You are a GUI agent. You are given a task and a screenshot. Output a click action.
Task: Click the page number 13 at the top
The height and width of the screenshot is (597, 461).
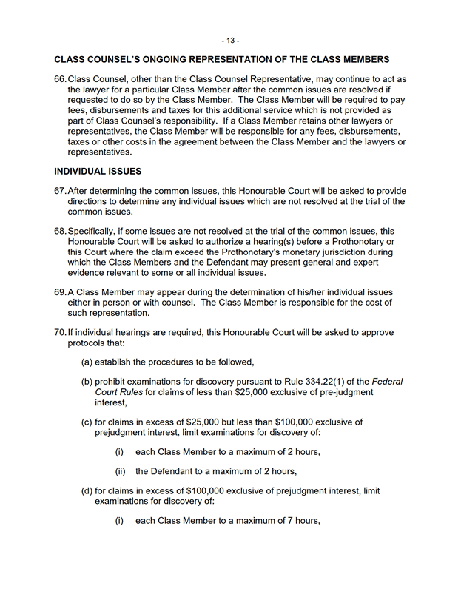point(230,40)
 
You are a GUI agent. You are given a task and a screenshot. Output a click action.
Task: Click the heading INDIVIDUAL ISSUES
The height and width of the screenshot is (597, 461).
point(98,171)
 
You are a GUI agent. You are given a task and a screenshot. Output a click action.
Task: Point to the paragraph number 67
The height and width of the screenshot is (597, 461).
point(59,191)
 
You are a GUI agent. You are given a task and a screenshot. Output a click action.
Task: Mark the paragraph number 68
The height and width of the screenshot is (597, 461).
point(59,232)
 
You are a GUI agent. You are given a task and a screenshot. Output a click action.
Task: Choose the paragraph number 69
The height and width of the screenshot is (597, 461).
point(59,293)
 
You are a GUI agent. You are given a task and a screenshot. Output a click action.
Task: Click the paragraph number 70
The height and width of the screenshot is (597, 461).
point(59,334)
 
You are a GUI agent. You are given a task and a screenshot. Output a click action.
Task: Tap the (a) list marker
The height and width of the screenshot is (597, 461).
point(87,362)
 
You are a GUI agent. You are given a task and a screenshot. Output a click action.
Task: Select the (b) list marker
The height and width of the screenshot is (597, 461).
point(87,382)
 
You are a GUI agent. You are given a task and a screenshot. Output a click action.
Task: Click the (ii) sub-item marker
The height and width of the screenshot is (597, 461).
point(118,471)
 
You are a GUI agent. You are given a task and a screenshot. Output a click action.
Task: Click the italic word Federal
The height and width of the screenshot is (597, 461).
point(387,382)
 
